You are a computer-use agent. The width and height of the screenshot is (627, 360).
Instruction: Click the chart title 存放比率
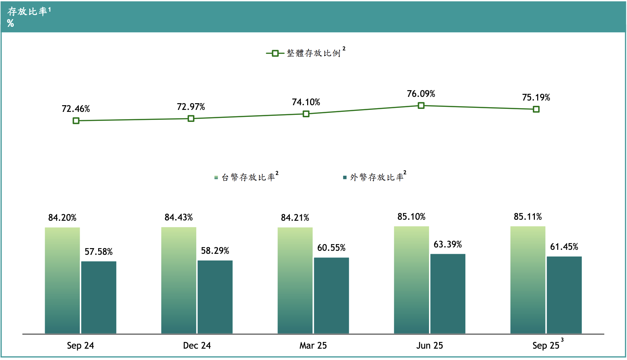point(27,11)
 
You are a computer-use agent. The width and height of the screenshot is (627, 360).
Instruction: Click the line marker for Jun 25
point(421,106)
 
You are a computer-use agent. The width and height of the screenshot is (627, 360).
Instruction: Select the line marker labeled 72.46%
point(76,121)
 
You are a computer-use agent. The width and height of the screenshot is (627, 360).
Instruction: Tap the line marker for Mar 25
point(306,114)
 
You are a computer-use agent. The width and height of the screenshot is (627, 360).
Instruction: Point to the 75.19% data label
point(536,98)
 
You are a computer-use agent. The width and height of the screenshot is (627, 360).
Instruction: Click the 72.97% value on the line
point(191,107)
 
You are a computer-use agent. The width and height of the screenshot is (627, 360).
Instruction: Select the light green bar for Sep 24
point(62,280)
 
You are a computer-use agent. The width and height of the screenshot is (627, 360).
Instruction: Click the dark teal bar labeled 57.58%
point(99,297)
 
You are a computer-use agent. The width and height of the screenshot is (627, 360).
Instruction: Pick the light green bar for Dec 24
point(179,280)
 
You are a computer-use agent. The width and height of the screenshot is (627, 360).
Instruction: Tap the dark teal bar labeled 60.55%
point(331,295)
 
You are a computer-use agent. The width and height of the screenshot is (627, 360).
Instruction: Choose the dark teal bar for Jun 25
point(448,294)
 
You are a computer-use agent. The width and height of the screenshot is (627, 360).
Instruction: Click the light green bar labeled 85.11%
point(528,280)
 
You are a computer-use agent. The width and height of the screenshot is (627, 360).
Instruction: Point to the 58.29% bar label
point(215,251)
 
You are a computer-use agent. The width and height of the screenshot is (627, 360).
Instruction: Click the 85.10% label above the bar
point(411,217)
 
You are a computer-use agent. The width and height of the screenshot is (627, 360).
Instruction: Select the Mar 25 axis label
point(313,345)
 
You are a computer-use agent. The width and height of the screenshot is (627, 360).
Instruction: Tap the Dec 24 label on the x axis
point(197,345)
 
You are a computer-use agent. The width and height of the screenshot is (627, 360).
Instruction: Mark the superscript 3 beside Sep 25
point(562,340)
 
